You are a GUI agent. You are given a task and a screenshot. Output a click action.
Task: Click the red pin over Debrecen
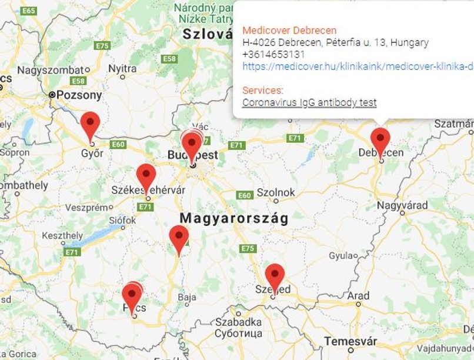[x=380, y=139]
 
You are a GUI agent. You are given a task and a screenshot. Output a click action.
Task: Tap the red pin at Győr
[x=90, y=123]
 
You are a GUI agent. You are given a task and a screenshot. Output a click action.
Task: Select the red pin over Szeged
[x=274, y=275]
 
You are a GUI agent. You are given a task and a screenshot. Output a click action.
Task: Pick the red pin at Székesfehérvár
[x=146, y=175]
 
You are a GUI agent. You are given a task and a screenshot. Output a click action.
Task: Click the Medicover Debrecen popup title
[x=289, y=31]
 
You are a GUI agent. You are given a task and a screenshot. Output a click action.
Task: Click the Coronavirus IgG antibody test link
[x=309, y=102]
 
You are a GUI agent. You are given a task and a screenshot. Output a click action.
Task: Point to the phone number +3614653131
[x=273, y=54]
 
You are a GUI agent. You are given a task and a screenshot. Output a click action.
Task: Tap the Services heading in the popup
[x=262, y=91]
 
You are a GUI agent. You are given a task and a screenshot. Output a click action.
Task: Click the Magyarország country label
[x=234, y=219]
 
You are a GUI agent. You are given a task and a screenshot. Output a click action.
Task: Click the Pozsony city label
[x=79, y=95]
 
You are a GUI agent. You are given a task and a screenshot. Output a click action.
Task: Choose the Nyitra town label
[x=122, y=69]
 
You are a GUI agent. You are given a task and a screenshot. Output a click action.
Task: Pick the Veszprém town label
[x=87, y=208]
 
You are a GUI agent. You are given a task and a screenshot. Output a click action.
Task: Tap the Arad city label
[x=359, y=295]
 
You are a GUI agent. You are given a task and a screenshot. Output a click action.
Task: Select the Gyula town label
[x=339, y=256]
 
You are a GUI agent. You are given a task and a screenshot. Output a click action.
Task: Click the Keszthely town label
[x=63, y=235]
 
